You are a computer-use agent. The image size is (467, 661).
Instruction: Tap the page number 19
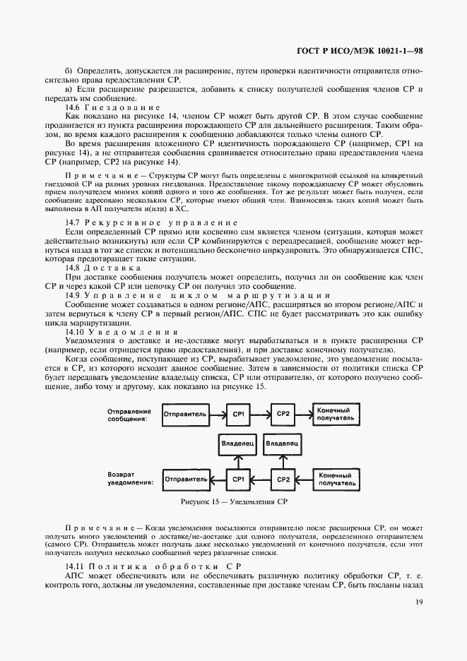(418, 602)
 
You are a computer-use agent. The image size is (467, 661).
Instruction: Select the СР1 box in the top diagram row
(238, 414)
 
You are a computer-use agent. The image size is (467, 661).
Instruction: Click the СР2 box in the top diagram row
(283, 414)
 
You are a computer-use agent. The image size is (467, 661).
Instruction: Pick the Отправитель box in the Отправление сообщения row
(185, 414)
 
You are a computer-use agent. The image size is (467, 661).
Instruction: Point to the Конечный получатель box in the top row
(335, 415)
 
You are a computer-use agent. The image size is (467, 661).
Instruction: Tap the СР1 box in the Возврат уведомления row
(238, 479)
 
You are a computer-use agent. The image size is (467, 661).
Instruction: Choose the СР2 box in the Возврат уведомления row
(283, 479)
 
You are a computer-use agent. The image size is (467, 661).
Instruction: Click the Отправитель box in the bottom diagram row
(185, 479)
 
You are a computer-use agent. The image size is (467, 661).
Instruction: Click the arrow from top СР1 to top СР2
(261, 414)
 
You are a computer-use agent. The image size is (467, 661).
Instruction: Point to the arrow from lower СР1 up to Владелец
(238, 463)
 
